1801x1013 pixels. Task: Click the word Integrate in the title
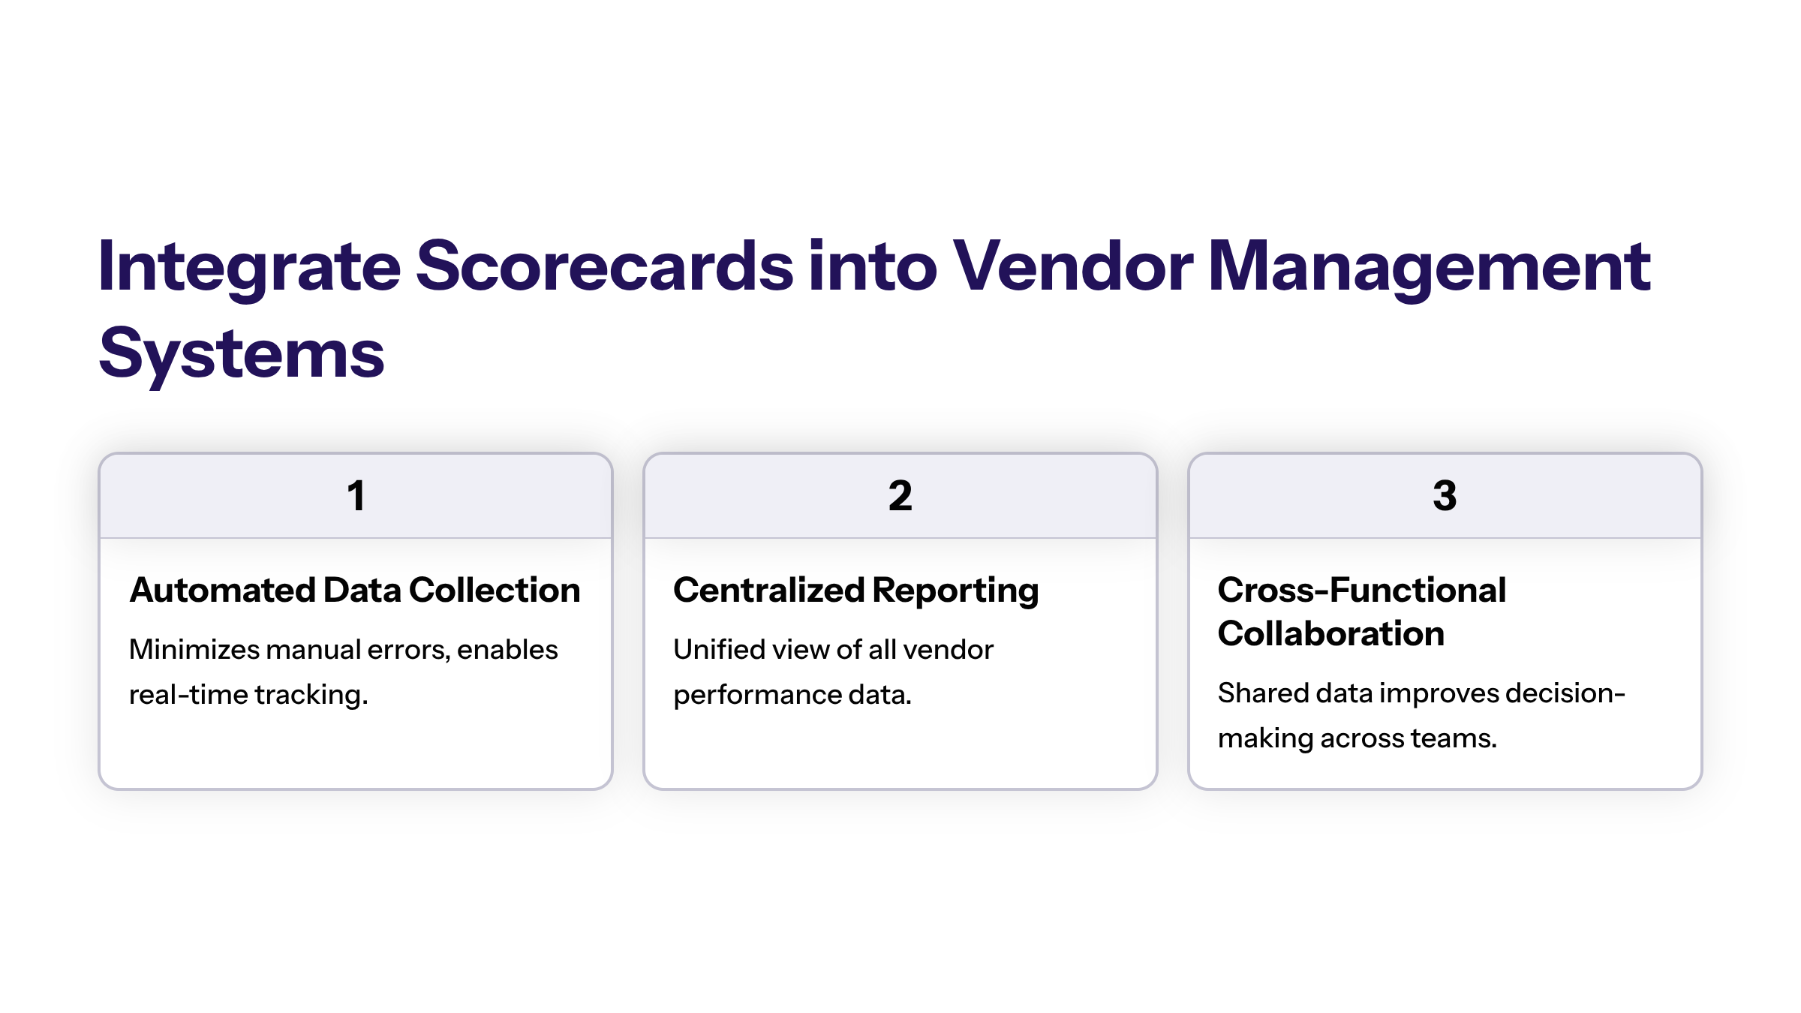(249, 267)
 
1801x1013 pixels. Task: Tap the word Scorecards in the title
(604, 267)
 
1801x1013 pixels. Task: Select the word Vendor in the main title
(1072, 267)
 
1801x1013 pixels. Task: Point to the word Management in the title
(1429, 267)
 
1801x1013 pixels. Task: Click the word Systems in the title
(242, 354)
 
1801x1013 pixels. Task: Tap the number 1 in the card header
(356, 496)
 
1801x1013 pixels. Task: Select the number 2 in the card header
(900, 496)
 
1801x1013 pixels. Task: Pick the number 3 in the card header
(1445, 496)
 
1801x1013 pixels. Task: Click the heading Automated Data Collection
(355, 590)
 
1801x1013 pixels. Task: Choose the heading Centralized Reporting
(855, 590)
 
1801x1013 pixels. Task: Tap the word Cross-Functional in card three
(1361, 590)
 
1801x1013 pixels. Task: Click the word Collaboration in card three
(1330, 633)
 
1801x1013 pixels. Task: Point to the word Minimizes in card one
(194, 649)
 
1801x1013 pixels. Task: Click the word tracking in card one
(311, 694)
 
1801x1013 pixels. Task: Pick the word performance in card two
(756, 694)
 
